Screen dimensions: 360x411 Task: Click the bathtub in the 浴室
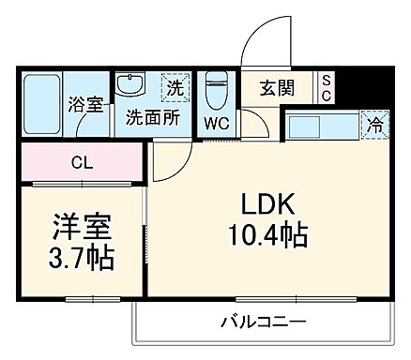tap(41, 103)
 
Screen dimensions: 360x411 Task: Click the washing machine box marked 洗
tap(175, 87)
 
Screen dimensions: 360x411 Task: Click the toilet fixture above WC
tap(216, 91)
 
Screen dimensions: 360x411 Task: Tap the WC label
tap(217, 123)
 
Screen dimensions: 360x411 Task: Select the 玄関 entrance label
tap(278, 89)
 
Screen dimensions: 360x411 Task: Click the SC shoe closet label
tap(326, 89)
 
